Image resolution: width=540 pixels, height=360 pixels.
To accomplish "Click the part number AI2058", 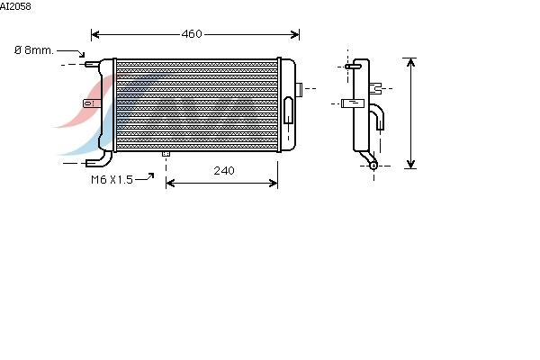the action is point(15,6).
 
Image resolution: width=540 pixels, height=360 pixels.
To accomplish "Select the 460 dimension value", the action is point(192,34).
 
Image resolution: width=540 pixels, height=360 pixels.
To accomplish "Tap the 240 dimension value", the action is point(224,170).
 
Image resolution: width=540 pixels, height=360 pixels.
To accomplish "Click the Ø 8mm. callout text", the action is point(34,50).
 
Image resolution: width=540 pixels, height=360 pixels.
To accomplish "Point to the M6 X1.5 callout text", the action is point(112,179).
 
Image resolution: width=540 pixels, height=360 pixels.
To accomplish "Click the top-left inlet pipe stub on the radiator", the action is point(93,64).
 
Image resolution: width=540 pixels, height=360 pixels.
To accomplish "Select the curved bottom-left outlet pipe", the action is point(100,160).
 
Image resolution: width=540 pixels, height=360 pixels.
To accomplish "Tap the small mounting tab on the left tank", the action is point(92,103).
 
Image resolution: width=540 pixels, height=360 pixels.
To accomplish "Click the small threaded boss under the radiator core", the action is point(166,154).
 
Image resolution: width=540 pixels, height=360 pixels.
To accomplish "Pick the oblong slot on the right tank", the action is point(289,110).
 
